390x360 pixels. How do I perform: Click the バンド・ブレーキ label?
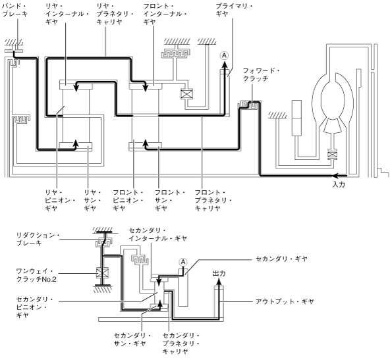(x=14, y=10)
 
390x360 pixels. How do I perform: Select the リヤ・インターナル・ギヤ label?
(x=67, y=14)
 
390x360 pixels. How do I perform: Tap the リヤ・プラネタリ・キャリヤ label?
(x=115, y=14)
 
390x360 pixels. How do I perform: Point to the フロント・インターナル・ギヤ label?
(x=165, y=14)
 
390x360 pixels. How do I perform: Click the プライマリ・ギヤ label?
(x=234, y=10)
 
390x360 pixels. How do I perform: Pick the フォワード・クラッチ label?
(x=261, y=74)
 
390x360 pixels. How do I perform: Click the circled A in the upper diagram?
(x=224, y=56)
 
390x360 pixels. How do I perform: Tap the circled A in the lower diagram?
(x=183, y=262)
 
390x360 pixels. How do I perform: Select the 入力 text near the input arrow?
(x=339, y=184)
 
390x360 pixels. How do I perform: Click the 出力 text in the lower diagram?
(x=219, y=274)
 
